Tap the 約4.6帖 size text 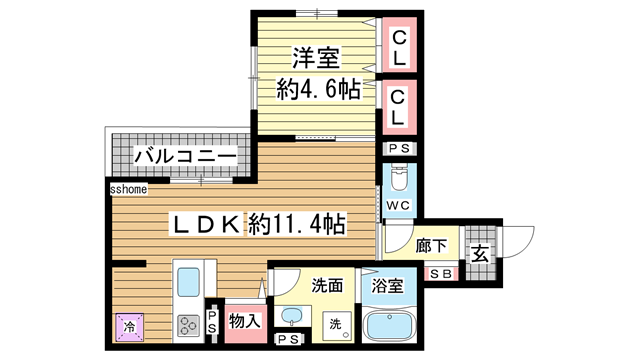pyautogui.click(x=318, y=89)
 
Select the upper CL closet pyautogui.click(x=399, y=50)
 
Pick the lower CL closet pyautogui.click(x=399, y=107)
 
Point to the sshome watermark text pyautogui.click(x=129, y=187)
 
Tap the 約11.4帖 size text pyautogui.click(x=296, y=223)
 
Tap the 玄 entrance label pyautogui.click(x=480, y=254)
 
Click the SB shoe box pyautogui.click(x=440, y=274)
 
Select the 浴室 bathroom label pyautogui.click(x=388, y=286)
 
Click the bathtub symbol pyautogui.click(x=390, y=326)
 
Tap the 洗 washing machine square pyautogui.click(x=335, y=324)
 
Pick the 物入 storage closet pyautogui.click(x=244, y=322)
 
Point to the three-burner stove pyautogui.click(x=188, y=325)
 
